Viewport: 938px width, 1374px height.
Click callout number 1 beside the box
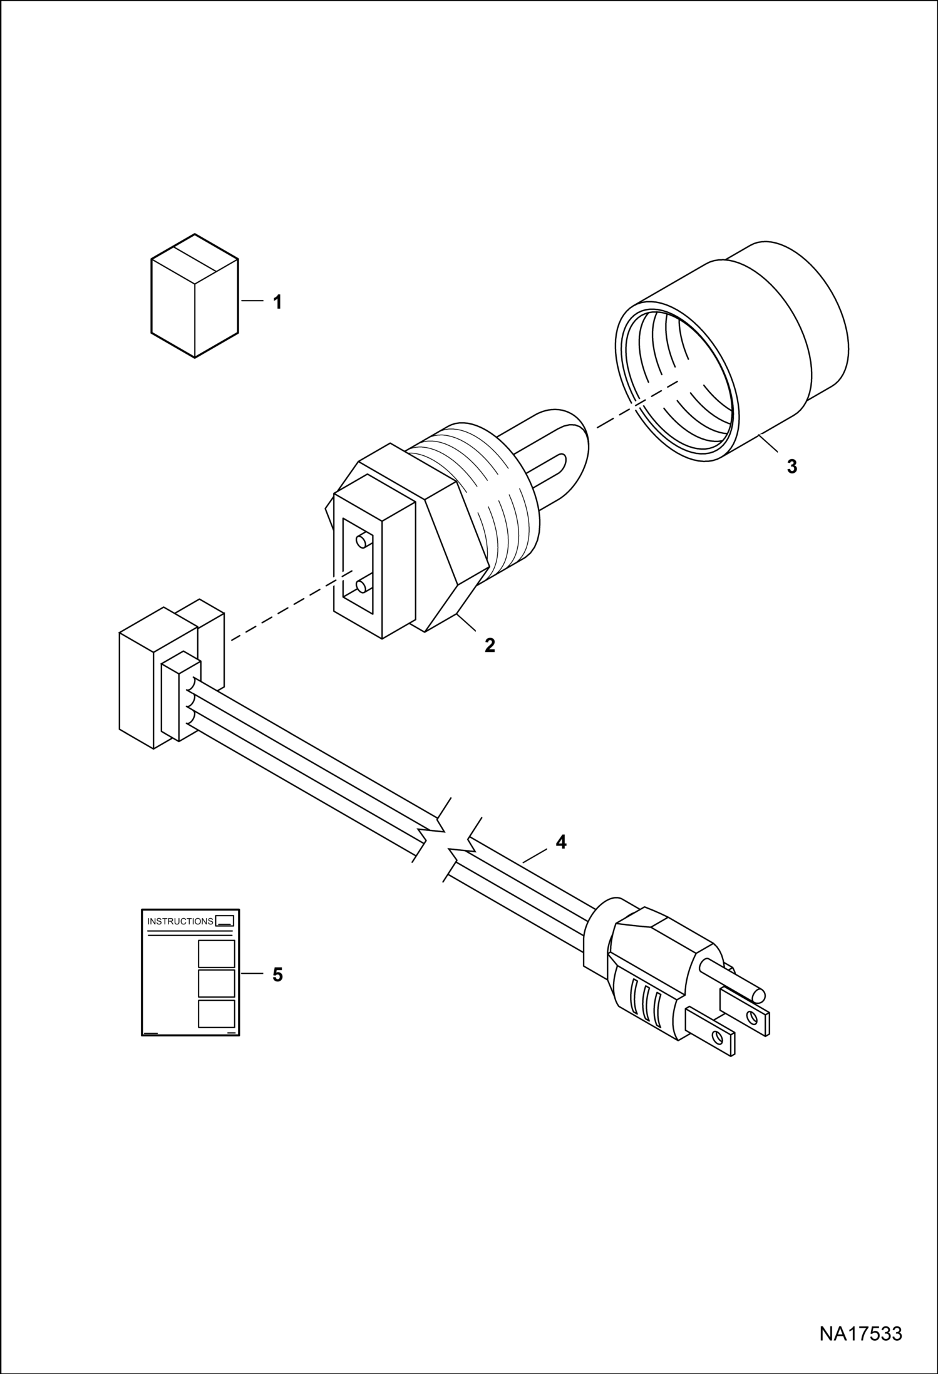(277, 302)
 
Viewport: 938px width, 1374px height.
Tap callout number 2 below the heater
(490, 646)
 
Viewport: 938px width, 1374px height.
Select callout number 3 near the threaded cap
(792, 467)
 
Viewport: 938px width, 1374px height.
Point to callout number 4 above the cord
(561, 842)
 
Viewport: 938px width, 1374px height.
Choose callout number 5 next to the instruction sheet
(277, 974)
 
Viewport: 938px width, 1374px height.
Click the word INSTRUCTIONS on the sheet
(180, 921)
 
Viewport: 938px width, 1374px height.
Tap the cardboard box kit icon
(195, 296)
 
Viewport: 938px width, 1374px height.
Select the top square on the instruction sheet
(217, 954)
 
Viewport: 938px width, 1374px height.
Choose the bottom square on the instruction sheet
(217, 1014)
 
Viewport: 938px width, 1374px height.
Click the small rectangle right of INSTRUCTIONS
(225, 921)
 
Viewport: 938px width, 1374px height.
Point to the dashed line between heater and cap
(637, 404)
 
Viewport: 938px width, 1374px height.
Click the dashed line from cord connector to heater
(293, 606)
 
